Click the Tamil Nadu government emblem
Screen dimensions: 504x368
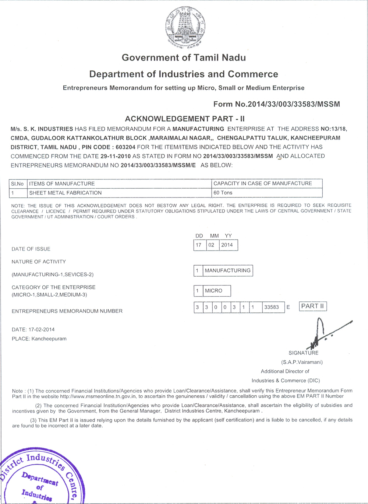click(x=185, y=28)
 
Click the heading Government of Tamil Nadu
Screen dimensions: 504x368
click(x=184, y=57)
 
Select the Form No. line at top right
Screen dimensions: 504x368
click(x=276, y=104)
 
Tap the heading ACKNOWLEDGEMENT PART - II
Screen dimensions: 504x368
click(x=185, y=119)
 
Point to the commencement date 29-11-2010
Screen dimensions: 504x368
click(x=116, y=156)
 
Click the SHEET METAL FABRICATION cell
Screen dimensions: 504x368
click(x=66, y=193)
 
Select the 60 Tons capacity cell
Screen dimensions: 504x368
click(x=223, y=193)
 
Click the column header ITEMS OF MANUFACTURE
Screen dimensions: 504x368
click(x=62, y=183)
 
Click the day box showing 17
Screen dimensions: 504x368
click(x=199, y=245)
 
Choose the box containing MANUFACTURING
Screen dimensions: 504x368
click(x=227, y=270)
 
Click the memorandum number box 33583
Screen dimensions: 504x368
click(x=272, y=307)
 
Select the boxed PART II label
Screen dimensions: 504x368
click(x=313, y=306)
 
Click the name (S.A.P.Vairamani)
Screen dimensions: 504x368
click(x=302, y=362)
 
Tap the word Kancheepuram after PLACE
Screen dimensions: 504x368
click(x=49, y=339)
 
